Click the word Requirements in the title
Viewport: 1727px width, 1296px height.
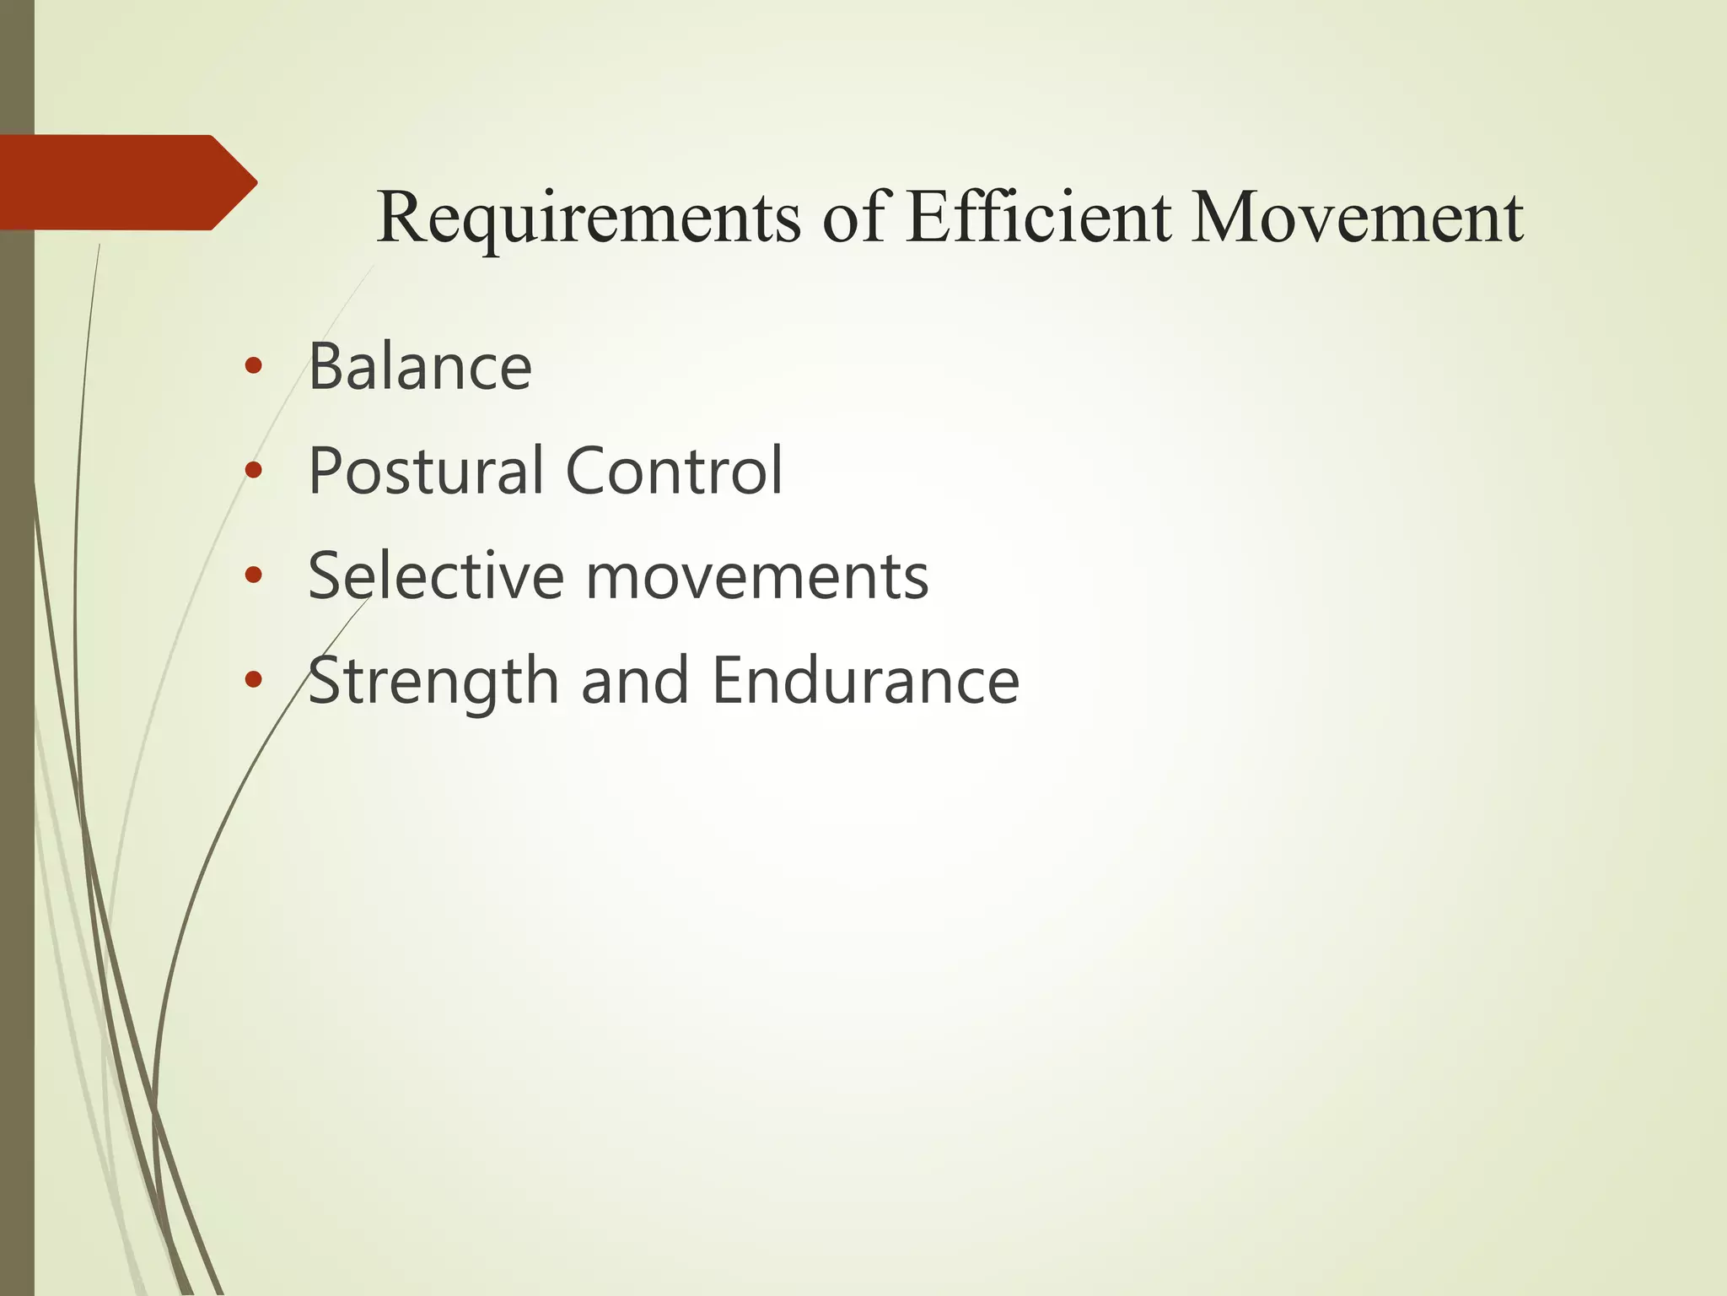point(589,218)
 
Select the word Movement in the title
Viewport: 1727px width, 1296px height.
point(1358,218)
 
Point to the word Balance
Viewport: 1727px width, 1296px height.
point(420,367)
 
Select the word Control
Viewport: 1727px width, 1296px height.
point(674,471)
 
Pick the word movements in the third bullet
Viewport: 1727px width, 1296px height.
point(756,578)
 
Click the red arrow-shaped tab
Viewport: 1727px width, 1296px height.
point(118,182)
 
